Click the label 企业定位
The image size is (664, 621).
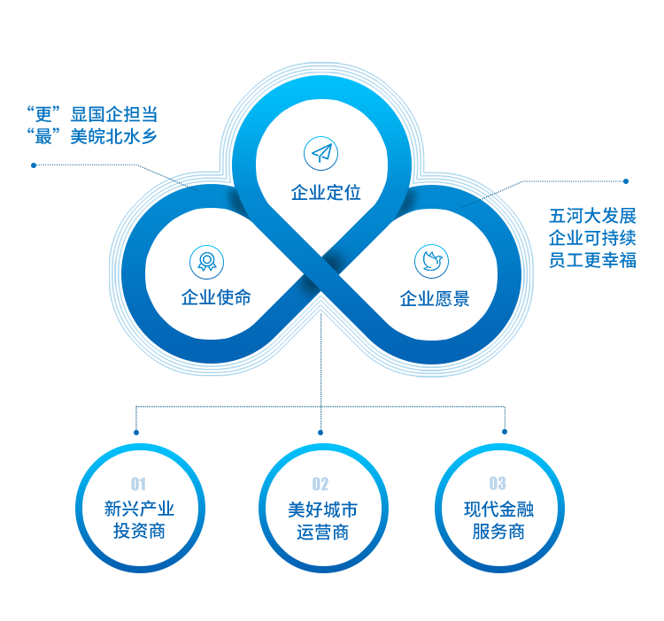327,192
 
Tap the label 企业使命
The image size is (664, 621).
215,297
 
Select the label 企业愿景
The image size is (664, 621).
434,299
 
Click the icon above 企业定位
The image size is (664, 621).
322,153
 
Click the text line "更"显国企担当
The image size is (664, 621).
92,114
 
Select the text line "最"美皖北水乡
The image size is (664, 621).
92,136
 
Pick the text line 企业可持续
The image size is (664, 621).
592,238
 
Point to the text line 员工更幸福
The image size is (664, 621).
592,260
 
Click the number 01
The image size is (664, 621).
138,483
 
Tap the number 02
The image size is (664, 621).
320,483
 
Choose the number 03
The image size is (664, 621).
498,483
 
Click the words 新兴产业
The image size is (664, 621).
138,509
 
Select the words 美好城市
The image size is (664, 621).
320,509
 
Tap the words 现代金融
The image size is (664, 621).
498,509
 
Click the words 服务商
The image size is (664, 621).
498,532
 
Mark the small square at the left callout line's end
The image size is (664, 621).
33,165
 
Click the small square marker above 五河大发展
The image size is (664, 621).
626,181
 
